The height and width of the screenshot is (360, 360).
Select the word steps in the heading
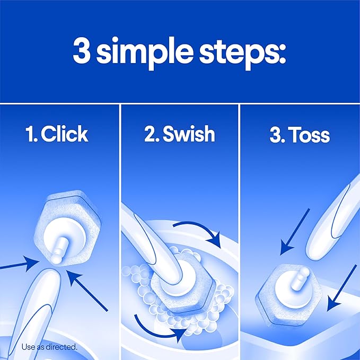(x=249, y=53)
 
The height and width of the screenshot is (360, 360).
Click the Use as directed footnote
(x=49, y=347)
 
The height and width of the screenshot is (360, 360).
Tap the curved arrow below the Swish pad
(x=159, y=326)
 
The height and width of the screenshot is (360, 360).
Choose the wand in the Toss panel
(x=334, y=217)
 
